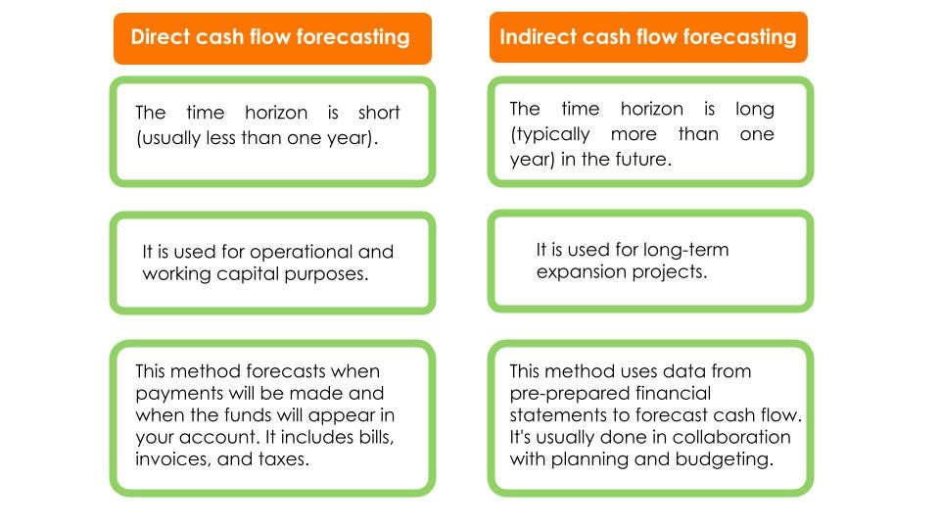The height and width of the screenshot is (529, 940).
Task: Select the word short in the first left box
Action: [379, 113]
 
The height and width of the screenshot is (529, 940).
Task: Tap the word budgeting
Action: [722, 457]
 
